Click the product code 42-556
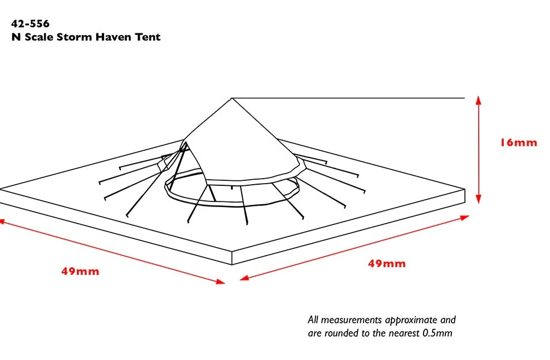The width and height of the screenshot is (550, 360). pos(30,24)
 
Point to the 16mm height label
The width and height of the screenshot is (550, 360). pos(518,142)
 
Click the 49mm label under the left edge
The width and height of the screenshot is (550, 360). pos(80,272)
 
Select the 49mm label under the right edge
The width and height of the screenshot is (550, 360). pos(387,264)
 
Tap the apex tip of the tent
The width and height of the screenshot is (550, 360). pos(232,98)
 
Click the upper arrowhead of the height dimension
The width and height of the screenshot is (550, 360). pos(478,100)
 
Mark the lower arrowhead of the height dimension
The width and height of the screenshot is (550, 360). pos(478,199)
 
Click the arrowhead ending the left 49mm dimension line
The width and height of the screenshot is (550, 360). pos(220,281)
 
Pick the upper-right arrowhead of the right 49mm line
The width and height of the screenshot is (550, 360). pos(464,218)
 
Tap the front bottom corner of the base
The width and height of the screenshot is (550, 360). pos(232,264)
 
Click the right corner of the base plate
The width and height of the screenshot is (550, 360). pos(465,190)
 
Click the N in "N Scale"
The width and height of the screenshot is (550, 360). pos(16,37)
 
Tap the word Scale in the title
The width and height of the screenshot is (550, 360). pos(39,37)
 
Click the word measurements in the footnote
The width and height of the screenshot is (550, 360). pos(351,320)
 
